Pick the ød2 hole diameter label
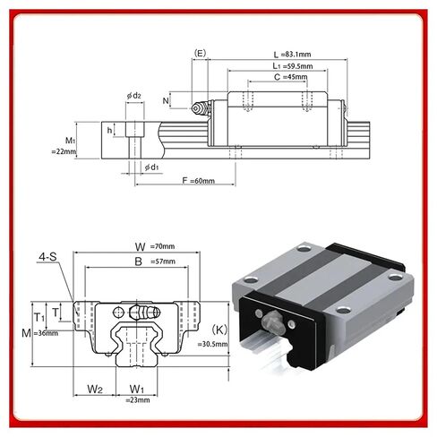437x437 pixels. point(134,96)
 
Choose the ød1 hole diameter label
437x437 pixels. point(153,166)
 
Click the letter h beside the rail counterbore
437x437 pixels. point(109,130)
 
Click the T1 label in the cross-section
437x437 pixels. point(39,317)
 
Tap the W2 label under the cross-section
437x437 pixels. point(95,388)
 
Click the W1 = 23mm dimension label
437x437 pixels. point(137,392)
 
